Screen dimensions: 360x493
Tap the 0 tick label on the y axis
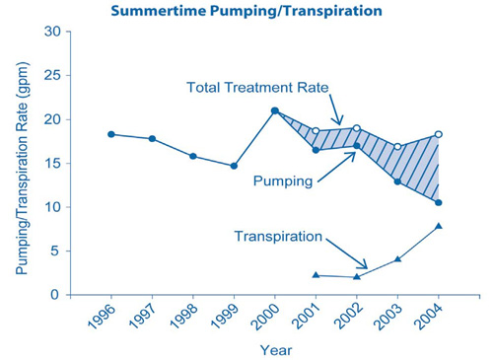pyautogui.click(x=58, y=295)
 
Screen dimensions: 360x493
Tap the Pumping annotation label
pyautogui.click(x=283, y=181)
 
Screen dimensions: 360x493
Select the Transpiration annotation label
pyautogui.click(x=279, y=237)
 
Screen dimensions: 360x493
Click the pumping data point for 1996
pyautogui.click(x=111, y=134)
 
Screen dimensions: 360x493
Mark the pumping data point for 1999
pyautogui.click(x=234, y=166)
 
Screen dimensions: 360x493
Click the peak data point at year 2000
pyautogui.click(x=275, y=110)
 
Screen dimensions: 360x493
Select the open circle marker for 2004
pyautogui.click(x=439, y=134)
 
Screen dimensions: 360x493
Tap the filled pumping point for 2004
pyautogui.click(x=439, y=202)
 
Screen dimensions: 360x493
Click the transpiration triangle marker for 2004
pyautogui.click(x=439, y=226)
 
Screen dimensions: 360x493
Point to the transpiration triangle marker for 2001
pyautogui.click(x=316, y=275)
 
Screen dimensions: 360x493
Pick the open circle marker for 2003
pyautogui.click(x=397, y=147)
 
